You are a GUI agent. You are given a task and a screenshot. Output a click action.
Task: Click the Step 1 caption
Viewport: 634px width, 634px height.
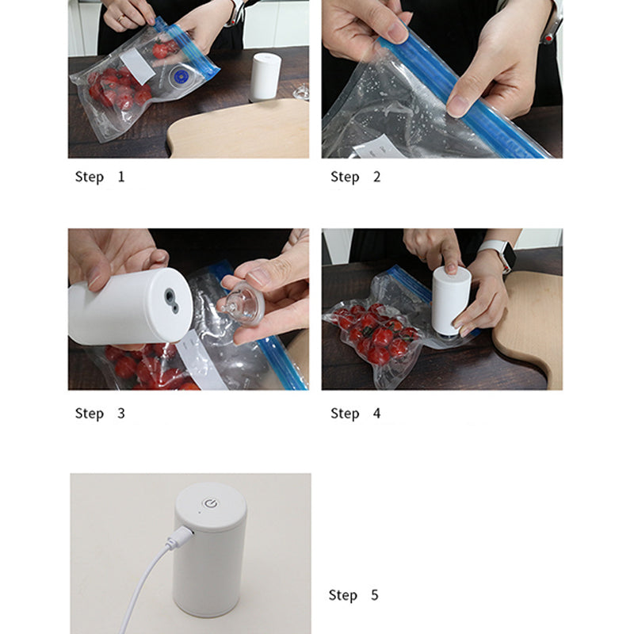[x=100, y=177]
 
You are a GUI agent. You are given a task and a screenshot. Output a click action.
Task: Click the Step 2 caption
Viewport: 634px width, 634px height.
[x=355, y=177]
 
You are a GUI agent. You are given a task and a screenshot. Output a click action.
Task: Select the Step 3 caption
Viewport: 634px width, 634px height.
[x=100, y=413]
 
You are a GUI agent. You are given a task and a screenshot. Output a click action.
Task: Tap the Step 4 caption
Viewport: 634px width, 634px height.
[x=355, y=413]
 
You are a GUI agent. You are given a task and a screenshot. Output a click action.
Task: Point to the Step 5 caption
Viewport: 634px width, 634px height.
[x=353, y=595]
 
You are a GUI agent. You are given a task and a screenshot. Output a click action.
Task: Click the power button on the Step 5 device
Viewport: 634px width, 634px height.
[x=211, y=502]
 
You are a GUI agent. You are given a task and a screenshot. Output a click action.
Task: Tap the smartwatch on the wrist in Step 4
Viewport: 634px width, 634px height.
[x=501, y=255]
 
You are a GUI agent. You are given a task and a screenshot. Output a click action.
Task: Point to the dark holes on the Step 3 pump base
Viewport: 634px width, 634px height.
[x=171, y=296]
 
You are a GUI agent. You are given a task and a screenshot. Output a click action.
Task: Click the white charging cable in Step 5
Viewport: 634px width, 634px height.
[x=139, y=587]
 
